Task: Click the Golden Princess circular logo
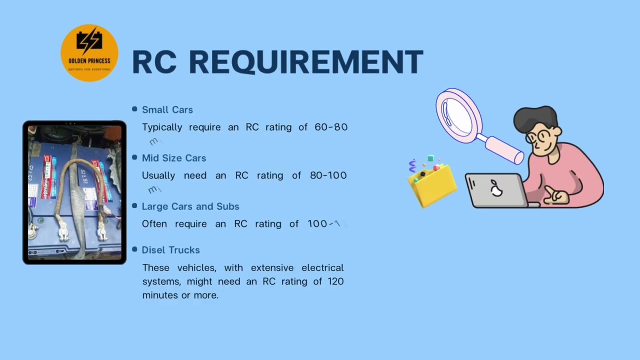(89, 52)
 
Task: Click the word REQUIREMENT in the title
(305, 62)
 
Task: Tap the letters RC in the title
(154, 62)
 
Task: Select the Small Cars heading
(167, 109)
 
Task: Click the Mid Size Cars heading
(173, 158)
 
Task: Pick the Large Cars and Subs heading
(190, 206)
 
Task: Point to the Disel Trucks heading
(170, 250)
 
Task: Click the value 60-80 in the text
(331, 127)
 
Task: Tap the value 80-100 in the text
(328, 175)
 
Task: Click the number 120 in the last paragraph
(335, 281)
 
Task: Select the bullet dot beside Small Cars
(134, 109)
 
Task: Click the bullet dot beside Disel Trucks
(134, 249)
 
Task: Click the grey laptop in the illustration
(495, 190)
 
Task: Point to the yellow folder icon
(432, 185)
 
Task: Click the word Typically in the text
(162, 127)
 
